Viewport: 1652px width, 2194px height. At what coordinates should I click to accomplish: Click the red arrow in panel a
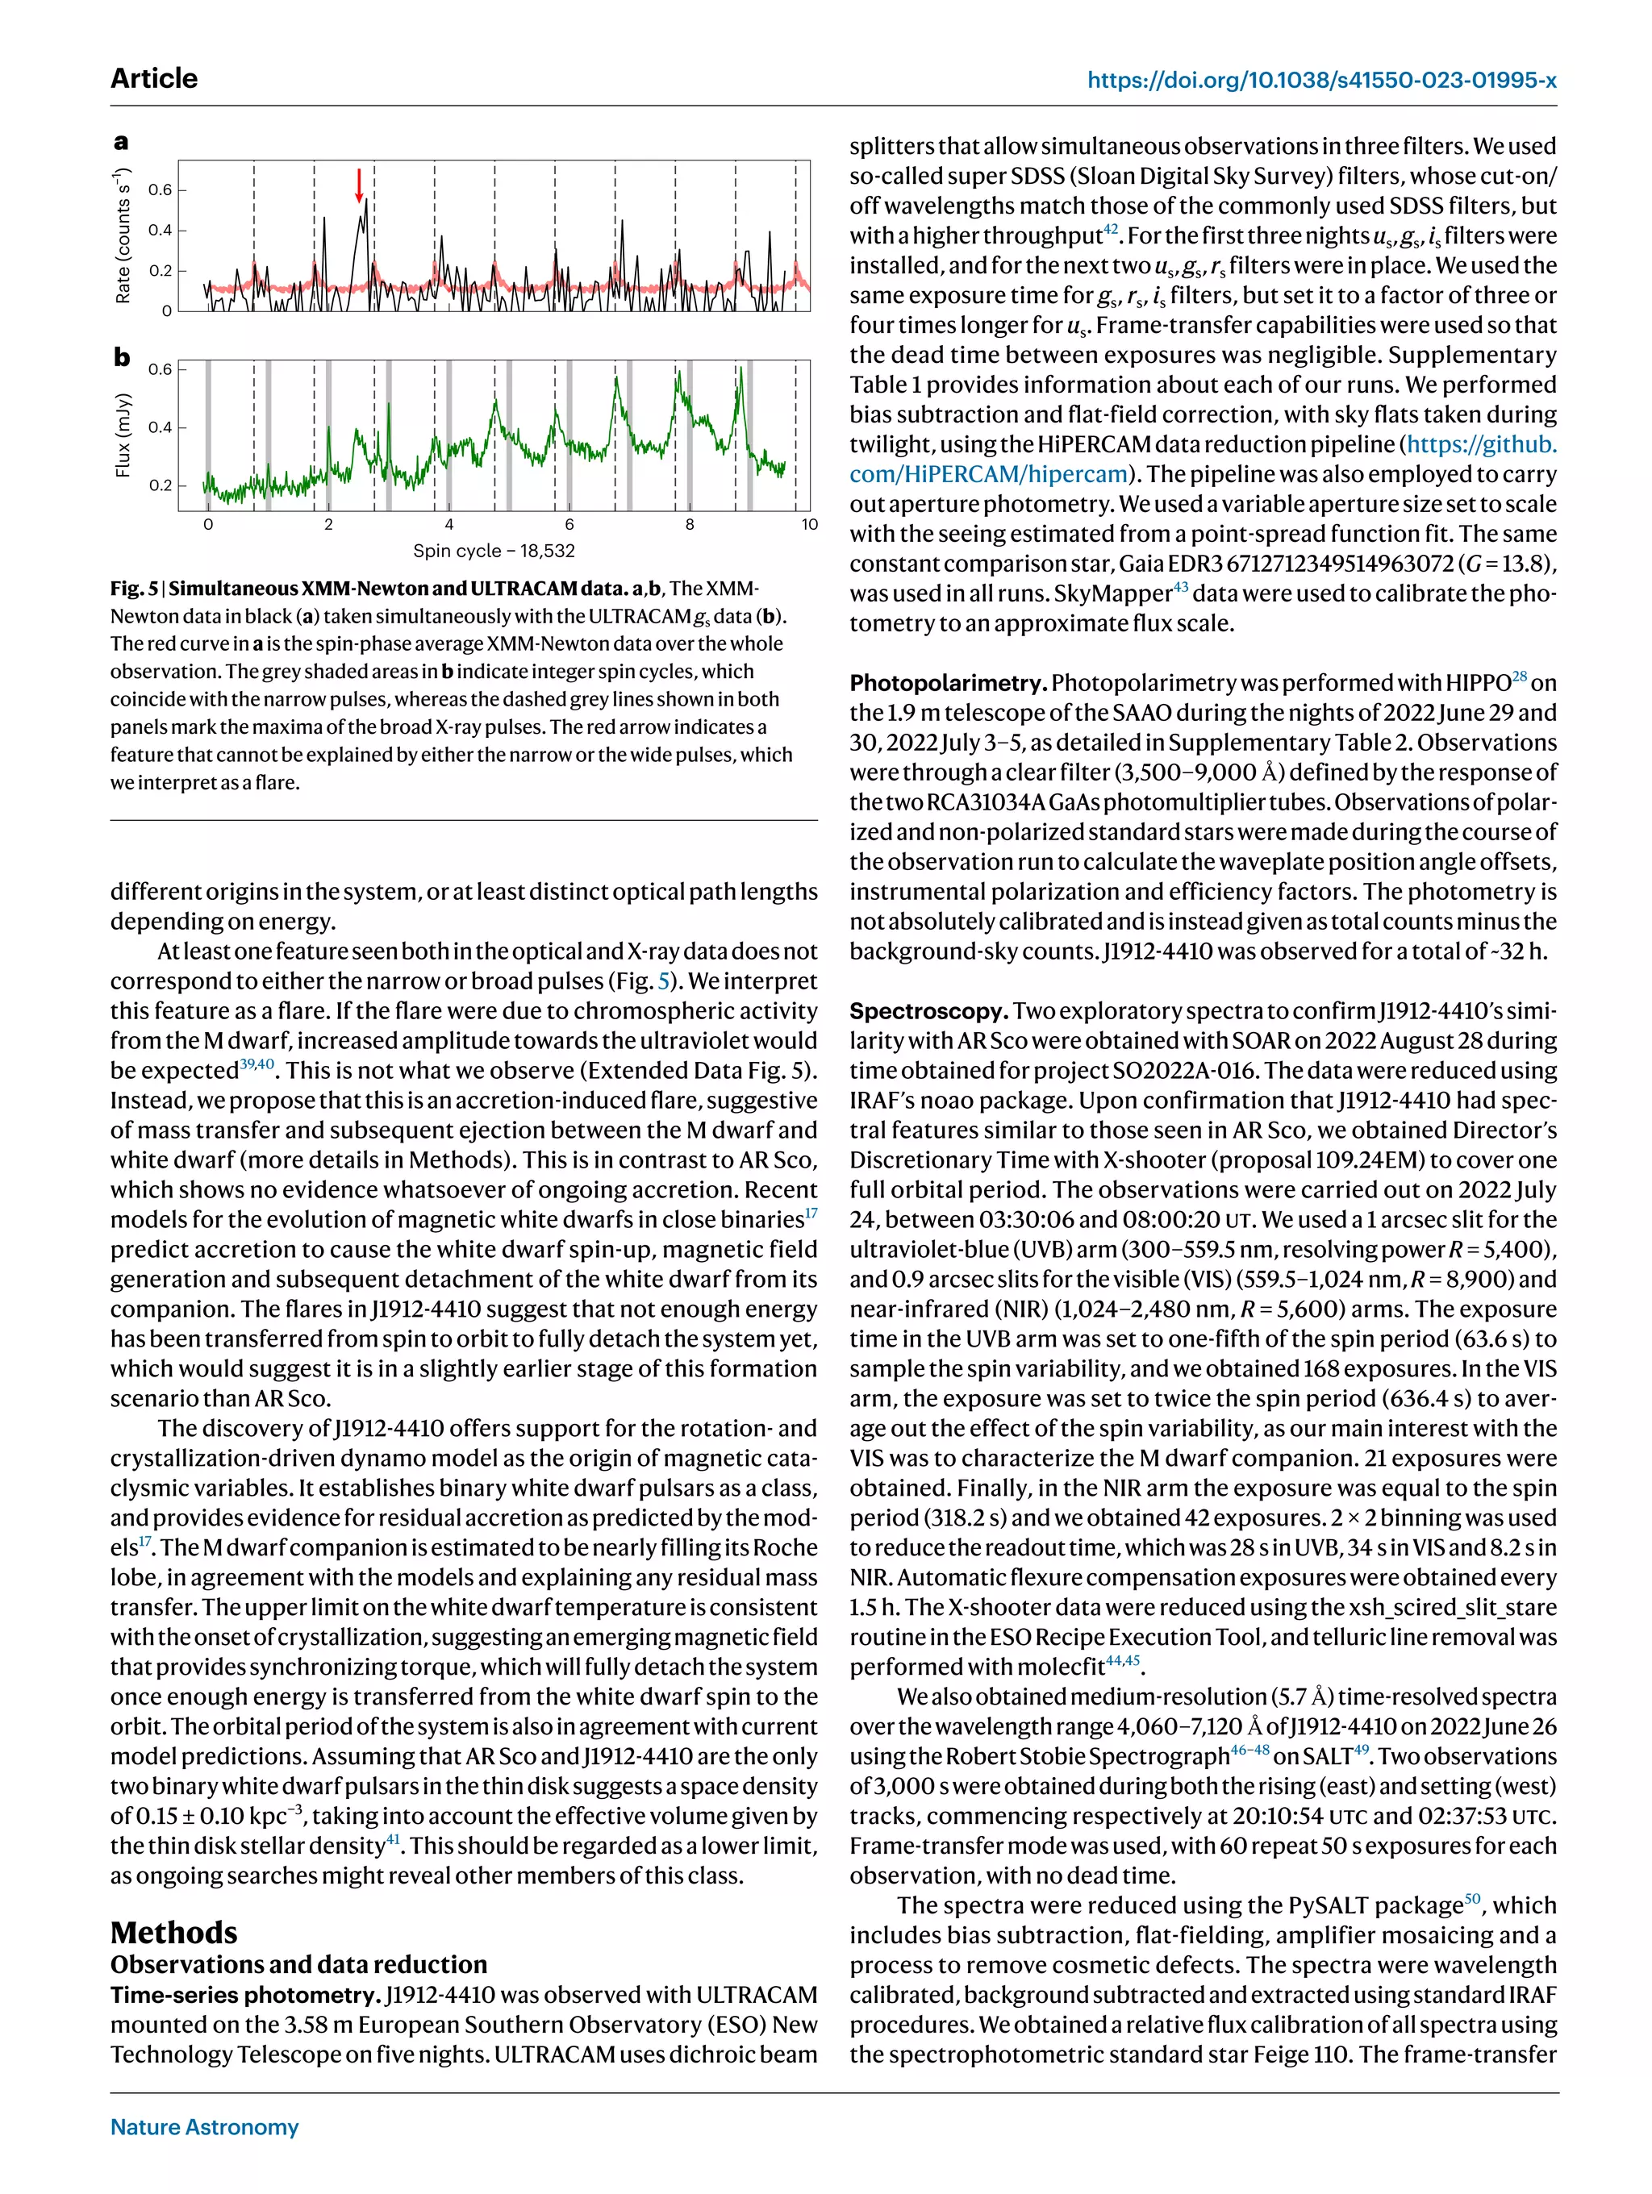coord(359,185)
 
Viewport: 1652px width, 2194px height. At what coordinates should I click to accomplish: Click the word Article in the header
coord(154,78)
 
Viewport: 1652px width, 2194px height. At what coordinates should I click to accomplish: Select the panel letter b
coord(121,357)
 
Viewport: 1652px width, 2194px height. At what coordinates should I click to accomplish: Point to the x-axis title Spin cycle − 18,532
coord(494,551)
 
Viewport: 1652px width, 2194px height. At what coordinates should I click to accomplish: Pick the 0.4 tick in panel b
coord(160,427)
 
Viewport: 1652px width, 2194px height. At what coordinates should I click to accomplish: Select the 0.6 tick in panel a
coord(160,189)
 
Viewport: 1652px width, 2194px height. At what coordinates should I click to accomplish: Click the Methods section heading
coord(173,1932)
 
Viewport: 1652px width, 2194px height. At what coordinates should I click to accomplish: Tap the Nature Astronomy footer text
coord(204,2126)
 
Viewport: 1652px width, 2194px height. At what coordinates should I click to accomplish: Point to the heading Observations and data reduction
coord(298,1965)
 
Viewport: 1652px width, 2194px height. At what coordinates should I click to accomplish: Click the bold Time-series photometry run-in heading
coord(245,1995)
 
